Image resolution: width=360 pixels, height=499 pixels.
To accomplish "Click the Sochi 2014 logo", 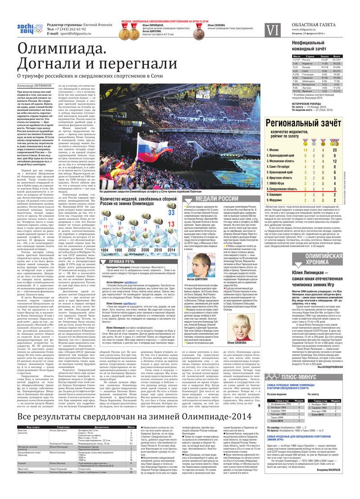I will [x=29, y=28].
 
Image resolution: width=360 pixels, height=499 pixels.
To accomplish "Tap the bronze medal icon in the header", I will [x=198, y=32].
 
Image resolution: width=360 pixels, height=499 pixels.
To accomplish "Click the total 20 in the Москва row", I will [x=346, y=150].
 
